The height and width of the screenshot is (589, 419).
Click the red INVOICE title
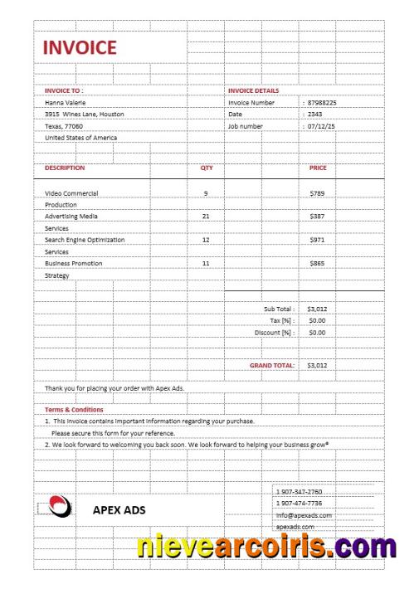(x=80, y=48)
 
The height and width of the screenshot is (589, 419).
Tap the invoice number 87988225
(x=322, y=103)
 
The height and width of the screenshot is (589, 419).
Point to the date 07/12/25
(x=321, y=126)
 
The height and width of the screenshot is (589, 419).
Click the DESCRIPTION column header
(x=65, y=168)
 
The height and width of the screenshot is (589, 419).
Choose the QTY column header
(x=207, y=168)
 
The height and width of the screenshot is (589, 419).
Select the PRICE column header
(x=318, y=168)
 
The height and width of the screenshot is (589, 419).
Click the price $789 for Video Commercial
(x=316, y=193)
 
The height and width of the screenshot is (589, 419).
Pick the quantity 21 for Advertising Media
(x=206, y=216)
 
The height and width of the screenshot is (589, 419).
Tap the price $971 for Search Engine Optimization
(x=316, y=240)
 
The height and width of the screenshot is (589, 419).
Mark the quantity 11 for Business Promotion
(x=206, y=263)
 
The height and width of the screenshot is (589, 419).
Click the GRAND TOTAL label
(x=272, y=365)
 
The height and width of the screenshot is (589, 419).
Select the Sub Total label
(x=279, y=309)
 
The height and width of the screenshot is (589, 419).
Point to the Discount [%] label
(x=275, y=333)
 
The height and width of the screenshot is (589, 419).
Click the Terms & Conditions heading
(x=74, y=410)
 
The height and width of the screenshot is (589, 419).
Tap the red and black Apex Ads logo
(x=59, y=505)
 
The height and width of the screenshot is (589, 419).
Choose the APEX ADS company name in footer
(x=119, y=510)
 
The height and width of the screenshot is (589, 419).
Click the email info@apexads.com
(x=304, y=515)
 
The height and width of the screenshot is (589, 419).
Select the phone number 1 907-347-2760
(x=300, y=492)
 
